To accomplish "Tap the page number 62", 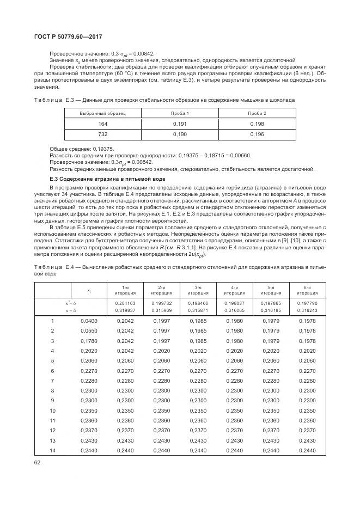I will coord(38,463).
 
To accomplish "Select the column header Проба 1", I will coord(180,113).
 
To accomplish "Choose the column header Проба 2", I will coord(257,113).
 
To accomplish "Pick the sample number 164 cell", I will coord(103,124).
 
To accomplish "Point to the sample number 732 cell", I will coord(103,134).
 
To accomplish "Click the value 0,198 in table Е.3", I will coord(257,124).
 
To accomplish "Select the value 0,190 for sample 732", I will coord(180,134).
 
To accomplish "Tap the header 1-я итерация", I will coord(125,290).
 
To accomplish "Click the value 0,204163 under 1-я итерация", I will coord(125,303).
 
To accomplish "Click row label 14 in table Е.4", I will coord(53,451).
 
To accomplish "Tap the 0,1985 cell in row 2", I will coord(198,331).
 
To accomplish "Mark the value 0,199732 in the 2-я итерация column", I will coord(162,303).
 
